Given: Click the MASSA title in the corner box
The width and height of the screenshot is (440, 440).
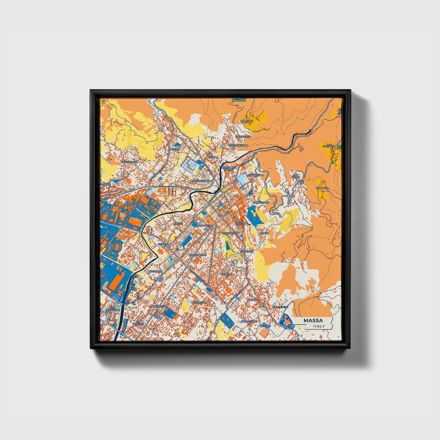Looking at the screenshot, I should click(x=313, y=321).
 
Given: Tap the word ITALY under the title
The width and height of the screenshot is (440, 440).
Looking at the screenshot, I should click(x=319, y=326).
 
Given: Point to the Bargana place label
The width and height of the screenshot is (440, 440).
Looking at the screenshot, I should click(x=247, y=121).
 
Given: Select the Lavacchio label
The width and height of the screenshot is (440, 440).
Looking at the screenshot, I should click(x=243, y=137).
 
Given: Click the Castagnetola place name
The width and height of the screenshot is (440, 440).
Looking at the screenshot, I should click(x=238, y=146).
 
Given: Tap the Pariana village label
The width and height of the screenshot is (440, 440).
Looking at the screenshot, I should click(x=329, y=146).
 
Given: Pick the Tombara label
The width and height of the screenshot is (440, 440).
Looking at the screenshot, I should click(x=322, y=188).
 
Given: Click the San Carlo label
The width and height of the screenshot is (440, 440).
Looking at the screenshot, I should click(x=296, y=176).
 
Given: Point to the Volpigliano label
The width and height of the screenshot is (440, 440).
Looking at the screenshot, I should click(x=261, y=202).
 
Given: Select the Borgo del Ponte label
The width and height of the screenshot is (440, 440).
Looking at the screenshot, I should click(x=229, y=168).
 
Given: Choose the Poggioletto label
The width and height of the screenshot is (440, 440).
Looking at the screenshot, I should click(x=198, y=255).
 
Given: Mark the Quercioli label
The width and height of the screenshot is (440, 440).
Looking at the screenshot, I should click(x=199, y=302).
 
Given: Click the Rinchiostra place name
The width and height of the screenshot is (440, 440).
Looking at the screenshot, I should click(x=159, y=306).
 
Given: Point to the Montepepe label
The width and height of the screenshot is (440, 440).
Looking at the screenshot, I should click(x=280, y=307).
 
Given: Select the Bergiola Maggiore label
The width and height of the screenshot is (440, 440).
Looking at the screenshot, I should click(x=239, y=99).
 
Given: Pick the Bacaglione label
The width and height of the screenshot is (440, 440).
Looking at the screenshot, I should click(x=249, y=321).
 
